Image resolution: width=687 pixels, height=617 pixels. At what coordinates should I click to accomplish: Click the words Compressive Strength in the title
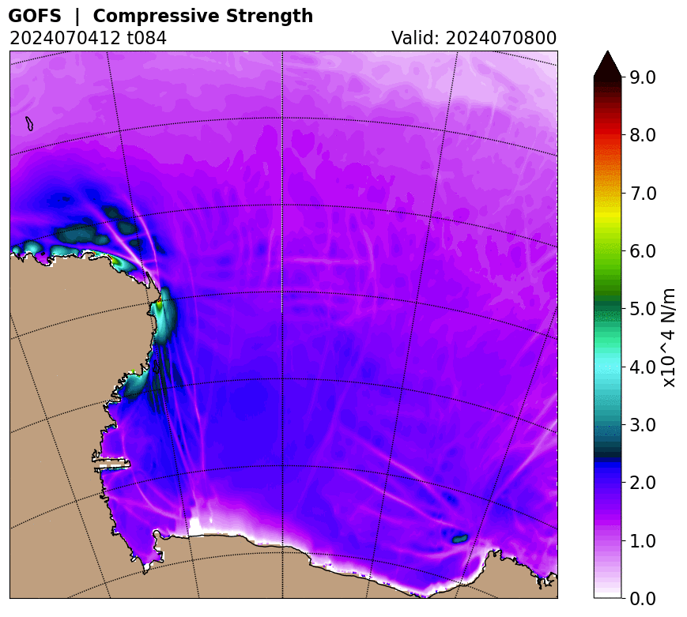pos(203,16)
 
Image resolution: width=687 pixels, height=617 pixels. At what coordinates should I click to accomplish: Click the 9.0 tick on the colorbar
pos(643,77)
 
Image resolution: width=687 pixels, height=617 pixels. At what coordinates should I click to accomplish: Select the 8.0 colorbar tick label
pos(643,135)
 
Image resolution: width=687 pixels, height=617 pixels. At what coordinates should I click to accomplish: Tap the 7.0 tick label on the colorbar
pos(643,193)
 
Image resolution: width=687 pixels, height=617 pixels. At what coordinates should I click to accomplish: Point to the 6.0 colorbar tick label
pos(643,251)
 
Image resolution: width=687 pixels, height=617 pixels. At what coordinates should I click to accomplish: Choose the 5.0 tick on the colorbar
pos(643,309)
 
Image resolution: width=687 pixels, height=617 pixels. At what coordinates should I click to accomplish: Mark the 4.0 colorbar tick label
pos(643,367)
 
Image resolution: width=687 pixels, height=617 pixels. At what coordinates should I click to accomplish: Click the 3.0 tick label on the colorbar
pos(643,425)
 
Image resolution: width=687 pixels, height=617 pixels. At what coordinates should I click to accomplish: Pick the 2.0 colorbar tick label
pos(643,483)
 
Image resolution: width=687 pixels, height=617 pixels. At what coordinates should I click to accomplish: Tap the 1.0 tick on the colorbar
pos(643,541)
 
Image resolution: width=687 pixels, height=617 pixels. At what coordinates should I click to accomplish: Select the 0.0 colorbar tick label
pos(643,598)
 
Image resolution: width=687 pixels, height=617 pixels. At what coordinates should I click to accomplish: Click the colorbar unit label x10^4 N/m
pos(670,337)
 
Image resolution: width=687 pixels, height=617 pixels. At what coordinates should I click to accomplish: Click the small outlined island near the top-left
pos(29,123)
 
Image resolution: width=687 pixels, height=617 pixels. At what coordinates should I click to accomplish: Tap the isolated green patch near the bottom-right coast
pos(460,538)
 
